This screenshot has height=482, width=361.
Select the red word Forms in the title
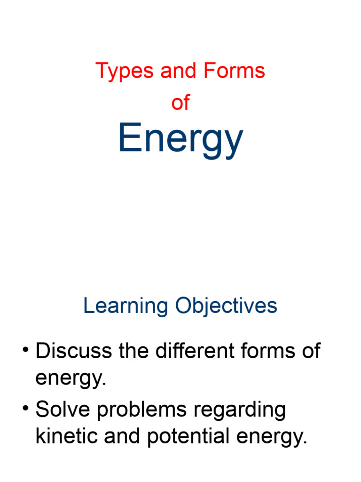[x=234, y=72]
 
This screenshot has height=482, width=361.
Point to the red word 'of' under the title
[x=180, y=102]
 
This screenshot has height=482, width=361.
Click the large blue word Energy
[x=180, y=139]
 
